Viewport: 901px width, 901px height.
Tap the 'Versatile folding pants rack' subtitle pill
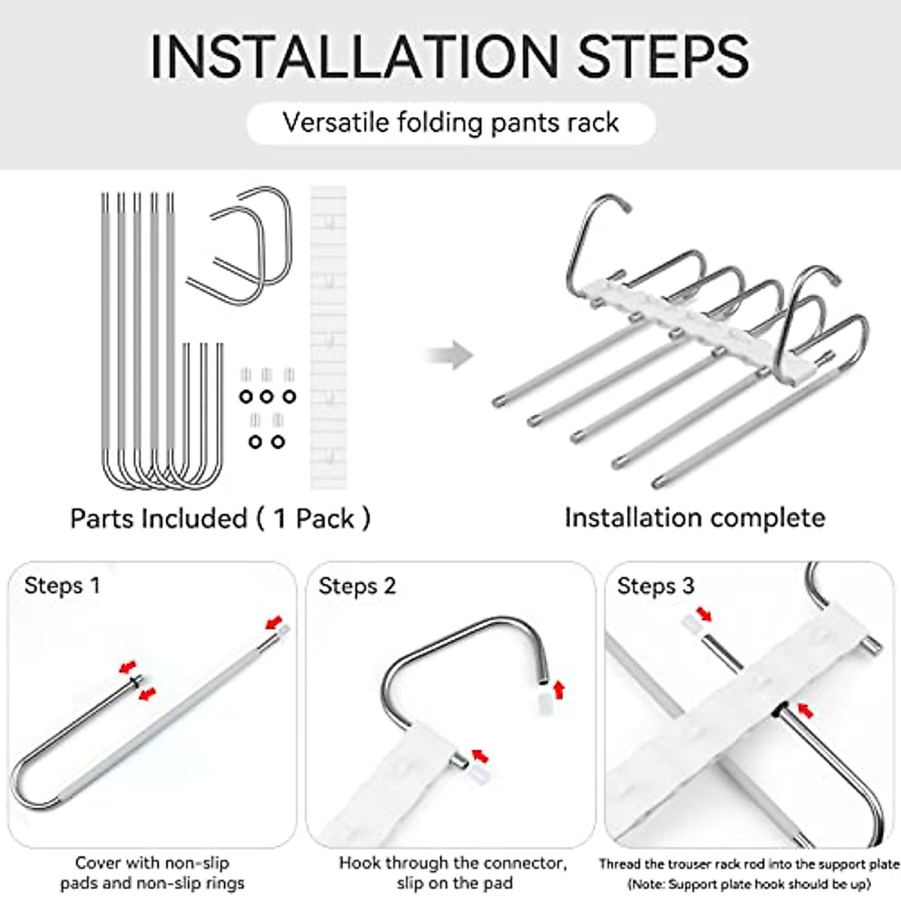coord(450,122)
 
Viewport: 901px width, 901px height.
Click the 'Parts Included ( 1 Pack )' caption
coord(220,518)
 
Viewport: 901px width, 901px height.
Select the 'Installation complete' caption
coord(695,517)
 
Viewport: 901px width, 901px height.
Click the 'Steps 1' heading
coord(62,586)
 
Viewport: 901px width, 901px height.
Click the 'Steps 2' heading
coord(357,586)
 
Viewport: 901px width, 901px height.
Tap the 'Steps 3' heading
coord(655,586)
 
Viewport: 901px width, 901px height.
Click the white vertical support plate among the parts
coord(328,338)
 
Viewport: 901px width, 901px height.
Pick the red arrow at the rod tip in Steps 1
coord(276,622)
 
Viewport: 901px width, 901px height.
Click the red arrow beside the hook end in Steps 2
coord(558,689)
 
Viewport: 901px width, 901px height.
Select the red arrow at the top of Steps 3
coord(704,615)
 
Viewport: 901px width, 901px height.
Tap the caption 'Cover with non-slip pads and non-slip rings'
coord(152,873)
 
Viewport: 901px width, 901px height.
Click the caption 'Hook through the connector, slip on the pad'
coord(453,873)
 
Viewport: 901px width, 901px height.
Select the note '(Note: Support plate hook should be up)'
coord(749,884)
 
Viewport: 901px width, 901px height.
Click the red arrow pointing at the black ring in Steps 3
coord(805,709)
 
